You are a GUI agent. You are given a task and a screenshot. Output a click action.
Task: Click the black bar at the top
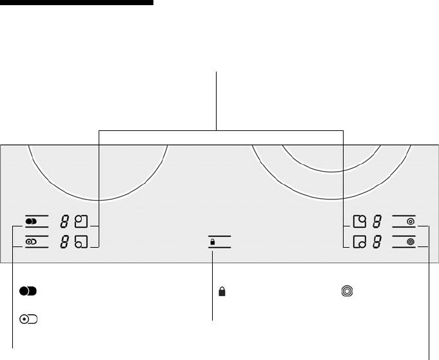pos(77,3)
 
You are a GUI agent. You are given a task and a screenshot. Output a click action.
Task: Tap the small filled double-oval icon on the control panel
pos(31,221)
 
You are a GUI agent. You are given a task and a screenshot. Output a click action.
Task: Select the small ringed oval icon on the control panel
pos(31,241)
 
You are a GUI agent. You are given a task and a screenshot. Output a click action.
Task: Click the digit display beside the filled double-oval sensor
pos(64,221)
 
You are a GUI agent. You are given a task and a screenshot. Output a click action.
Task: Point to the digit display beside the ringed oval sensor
pos(64,241)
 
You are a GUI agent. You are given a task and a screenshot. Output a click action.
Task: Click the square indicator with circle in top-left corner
pos(81,221)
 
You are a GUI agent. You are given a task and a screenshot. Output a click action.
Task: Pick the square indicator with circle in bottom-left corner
pos(81,241)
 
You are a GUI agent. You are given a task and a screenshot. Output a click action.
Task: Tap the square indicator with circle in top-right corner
pos(360,221)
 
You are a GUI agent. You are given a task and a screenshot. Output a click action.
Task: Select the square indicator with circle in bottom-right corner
pos(360,241)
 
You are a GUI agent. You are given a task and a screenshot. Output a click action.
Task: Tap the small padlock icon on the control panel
pos(213,242)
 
